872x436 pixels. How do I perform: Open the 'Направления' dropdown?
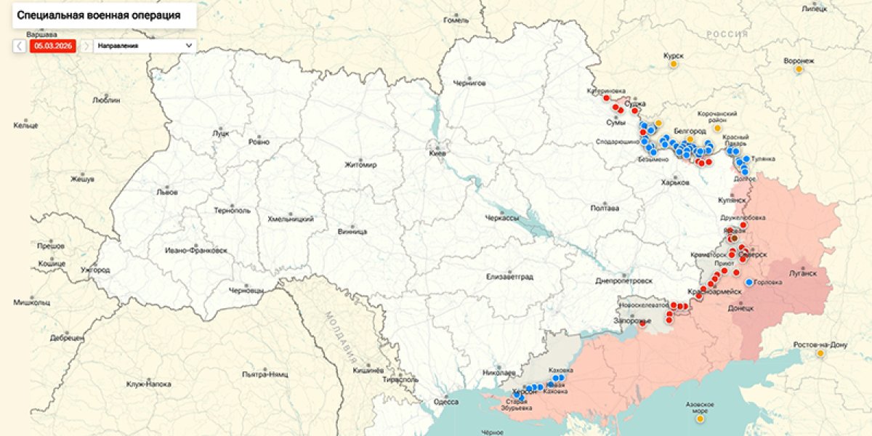[x=145, y=45]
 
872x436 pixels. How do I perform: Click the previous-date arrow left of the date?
[x=20, y=45]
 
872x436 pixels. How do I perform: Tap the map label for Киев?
[x=437, y=153]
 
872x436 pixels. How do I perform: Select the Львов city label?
[x=166, y=193]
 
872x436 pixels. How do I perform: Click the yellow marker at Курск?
[x=674, y=64]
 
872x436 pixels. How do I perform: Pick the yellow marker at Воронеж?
[x=799, y=69]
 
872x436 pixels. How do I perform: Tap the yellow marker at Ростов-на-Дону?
[x=820, y=353]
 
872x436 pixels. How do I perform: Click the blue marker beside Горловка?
[x=748, y=282]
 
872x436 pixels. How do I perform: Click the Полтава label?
[x=605, y=208]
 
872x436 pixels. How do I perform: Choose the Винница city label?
[x=352, y=232]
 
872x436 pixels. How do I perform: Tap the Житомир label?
[x=361, y=165]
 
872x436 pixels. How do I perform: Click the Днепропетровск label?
[x=623, y=280]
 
